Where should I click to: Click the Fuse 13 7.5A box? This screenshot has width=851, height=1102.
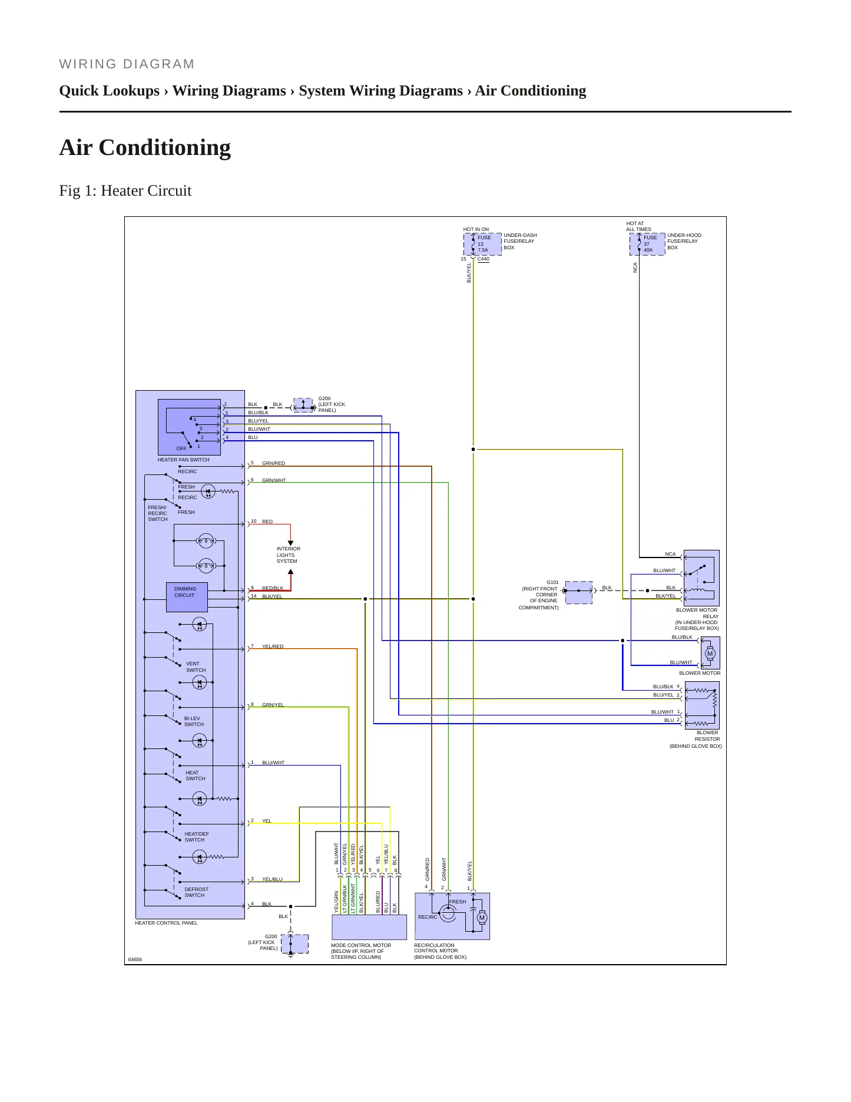pyautogui.click(x=482, y=244)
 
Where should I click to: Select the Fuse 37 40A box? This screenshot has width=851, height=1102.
pyautogui.click(x=647, y=244)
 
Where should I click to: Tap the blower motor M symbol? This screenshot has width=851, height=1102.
pyautogui.click(x=710, y=654)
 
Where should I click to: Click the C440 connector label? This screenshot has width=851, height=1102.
pyautogui.click(x=483, y=259)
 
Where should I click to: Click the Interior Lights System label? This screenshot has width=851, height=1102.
pyautogui.click(x=289, y=555)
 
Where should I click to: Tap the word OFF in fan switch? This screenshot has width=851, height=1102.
pyautogui.click(x=181, y=448)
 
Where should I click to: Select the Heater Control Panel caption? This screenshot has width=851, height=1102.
pyautogui.click(x=167, y=923)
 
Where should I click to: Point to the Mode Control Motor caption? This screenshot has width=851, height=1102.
pyautogui.click(x=361, y=951)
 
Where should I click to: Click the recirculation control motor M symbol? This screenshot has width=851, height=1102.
pyautogui.click(x=482, y=918)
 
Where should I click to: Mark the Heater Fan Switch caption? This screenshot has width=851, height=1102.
pyautogui.click(x=183, y=460)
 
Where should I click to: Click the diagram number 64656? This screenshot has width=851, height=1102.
pyautogui.click(x=135, y=959)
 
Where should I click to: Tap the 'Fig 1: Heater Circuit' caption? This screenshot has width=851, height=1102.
pyautogui.click(x=125, y=190)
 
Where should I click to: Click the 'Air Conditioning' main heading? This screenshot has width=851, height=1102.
pyautogui.click(x=145, y=147)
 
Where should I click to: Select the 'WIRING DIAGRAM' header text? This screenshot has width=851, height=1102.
pyautogui.click(x=127, y=64)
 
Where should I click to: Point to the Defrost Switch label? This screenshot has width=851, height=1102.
pyautogui.click(x=196, y=892)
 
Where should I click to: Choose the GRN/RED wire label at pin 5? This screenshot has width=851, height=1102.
pyautogui.click(x=273, y=463)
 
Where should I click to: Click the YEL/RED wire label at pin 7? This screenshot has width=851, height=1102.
pyautogui.click(x=273, y=646)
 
